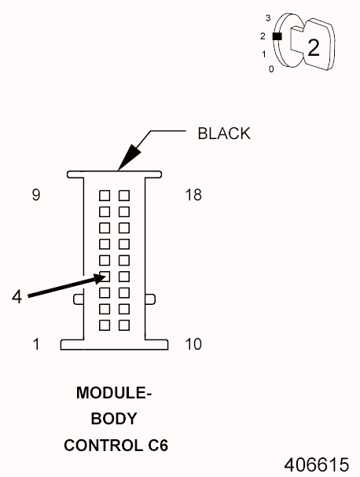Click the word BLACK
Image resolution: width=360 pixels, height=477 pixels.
pos(224,134)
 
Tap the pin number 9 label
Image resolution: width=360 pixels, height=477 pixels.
pos(36,195)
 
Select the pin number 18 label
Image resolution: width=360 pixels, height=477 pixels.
pos(193,195)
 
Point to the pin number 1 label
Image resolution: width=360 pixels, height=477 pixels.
pos(36,344)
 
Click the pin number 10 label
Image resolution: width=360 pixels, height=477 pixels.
pos(193,344)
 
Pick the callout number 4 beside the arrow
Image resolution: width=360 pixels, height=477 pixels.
pos(17,296)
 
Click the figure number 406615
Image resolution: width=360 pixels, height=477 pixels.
pos(317,465)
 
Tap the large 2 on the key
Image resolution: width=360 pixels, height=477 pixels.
pos(314,48)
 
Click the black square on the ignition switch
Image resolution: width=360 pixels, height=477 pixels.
pos(277,36)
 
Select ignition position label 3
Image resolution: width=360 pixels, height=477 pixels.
pos(268,18)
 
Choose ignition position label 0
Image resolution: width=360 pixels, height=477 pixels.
pos(271,69)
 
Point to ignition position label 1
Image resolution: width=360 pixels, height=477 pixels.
pos(264,54)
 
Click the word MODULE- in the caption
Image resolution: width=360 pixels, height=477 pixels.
pos(114,393)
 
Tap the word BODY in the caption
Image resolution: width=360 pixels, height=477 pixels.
pos(114,419)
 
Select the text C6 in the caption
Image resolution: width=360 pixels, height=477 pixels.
pos(158,446)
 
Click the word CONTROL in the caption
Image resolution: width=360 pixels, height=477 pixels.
pos(104,446)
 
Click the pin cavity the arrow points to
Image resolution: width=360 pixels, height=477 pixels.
pos(105,277)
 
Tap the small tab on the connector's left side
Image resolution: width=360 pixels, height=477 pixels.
pos(79,299)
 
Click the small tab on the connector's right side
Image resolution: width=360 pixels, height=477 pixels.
pos(149,299)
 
